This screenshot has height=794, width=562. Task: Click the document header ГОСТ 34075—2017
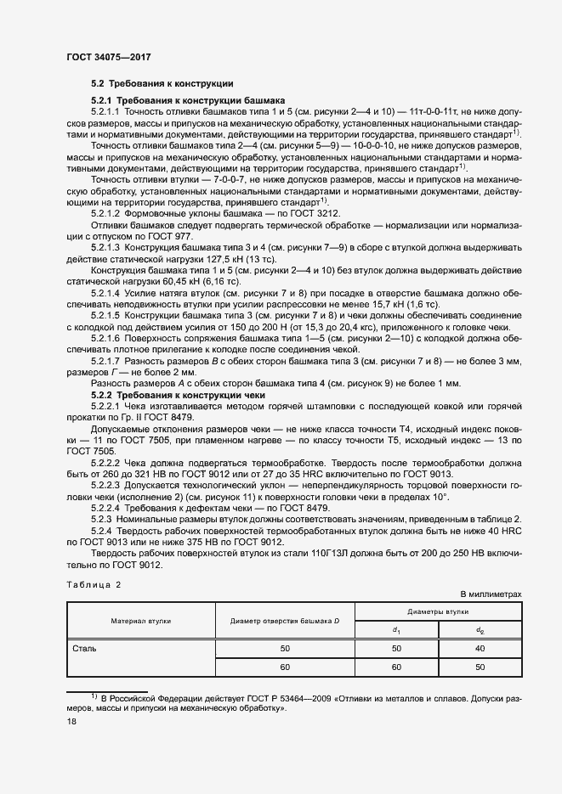pos(109,57)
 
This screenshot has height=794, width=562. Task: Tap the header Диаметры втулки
pos(438,611)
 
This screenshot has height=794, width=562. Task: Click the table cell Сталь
pos(85,649)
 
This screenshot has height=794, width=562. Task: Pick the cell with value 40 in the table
pos(480,649)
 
